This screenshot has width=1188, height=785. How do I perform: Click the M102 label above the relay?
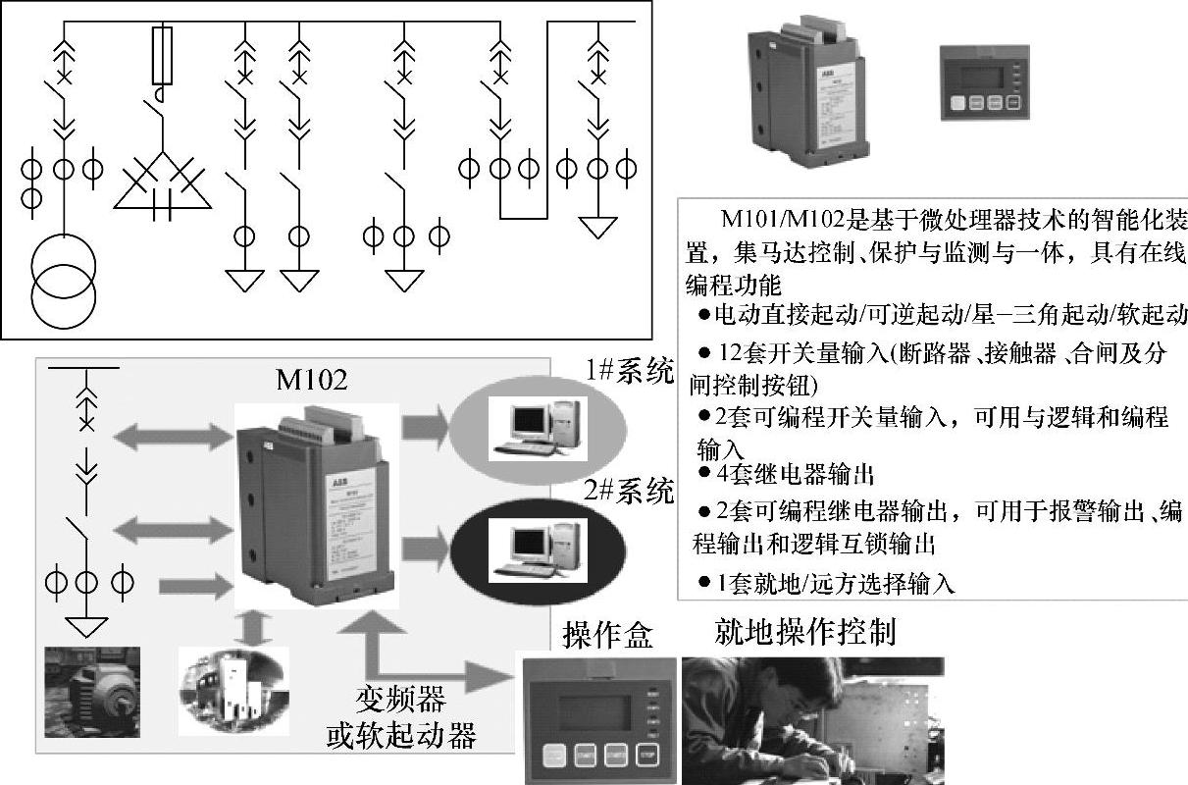(312, 380)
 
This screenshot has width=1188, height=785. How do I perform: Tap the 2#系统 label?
(629, 490)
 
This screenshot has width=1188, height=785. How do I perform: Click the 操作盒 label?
(607, 636)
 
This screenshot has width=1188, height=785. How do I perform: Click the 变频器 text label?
(400, 701)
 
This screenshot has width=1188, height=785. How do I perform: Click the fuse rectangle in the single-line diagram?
(163, 56)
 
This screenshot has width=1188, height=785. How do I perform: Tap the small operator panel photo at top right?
(983, 81)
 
